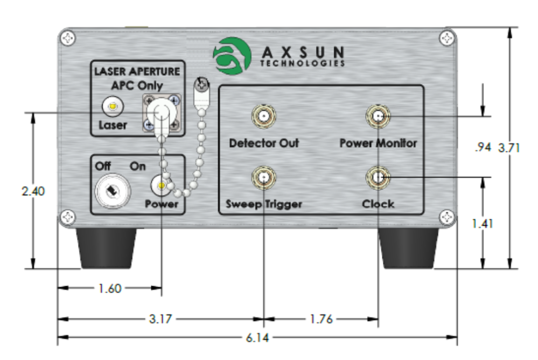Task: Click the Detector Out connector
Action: [263, 116]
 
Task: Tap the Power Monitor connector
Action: [378, 116]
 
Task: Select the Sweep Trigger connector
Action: [263, 177]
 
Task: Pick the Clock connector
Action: [378, 177]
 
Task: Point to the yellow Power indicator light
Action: [160, 185]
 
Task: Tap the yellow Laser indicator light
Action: [113, 107]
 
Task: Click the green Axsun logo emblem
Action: [232, 56]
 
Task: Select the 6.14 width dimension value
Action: [257, 338]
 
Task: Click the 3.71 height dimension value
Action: [509, 148]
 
